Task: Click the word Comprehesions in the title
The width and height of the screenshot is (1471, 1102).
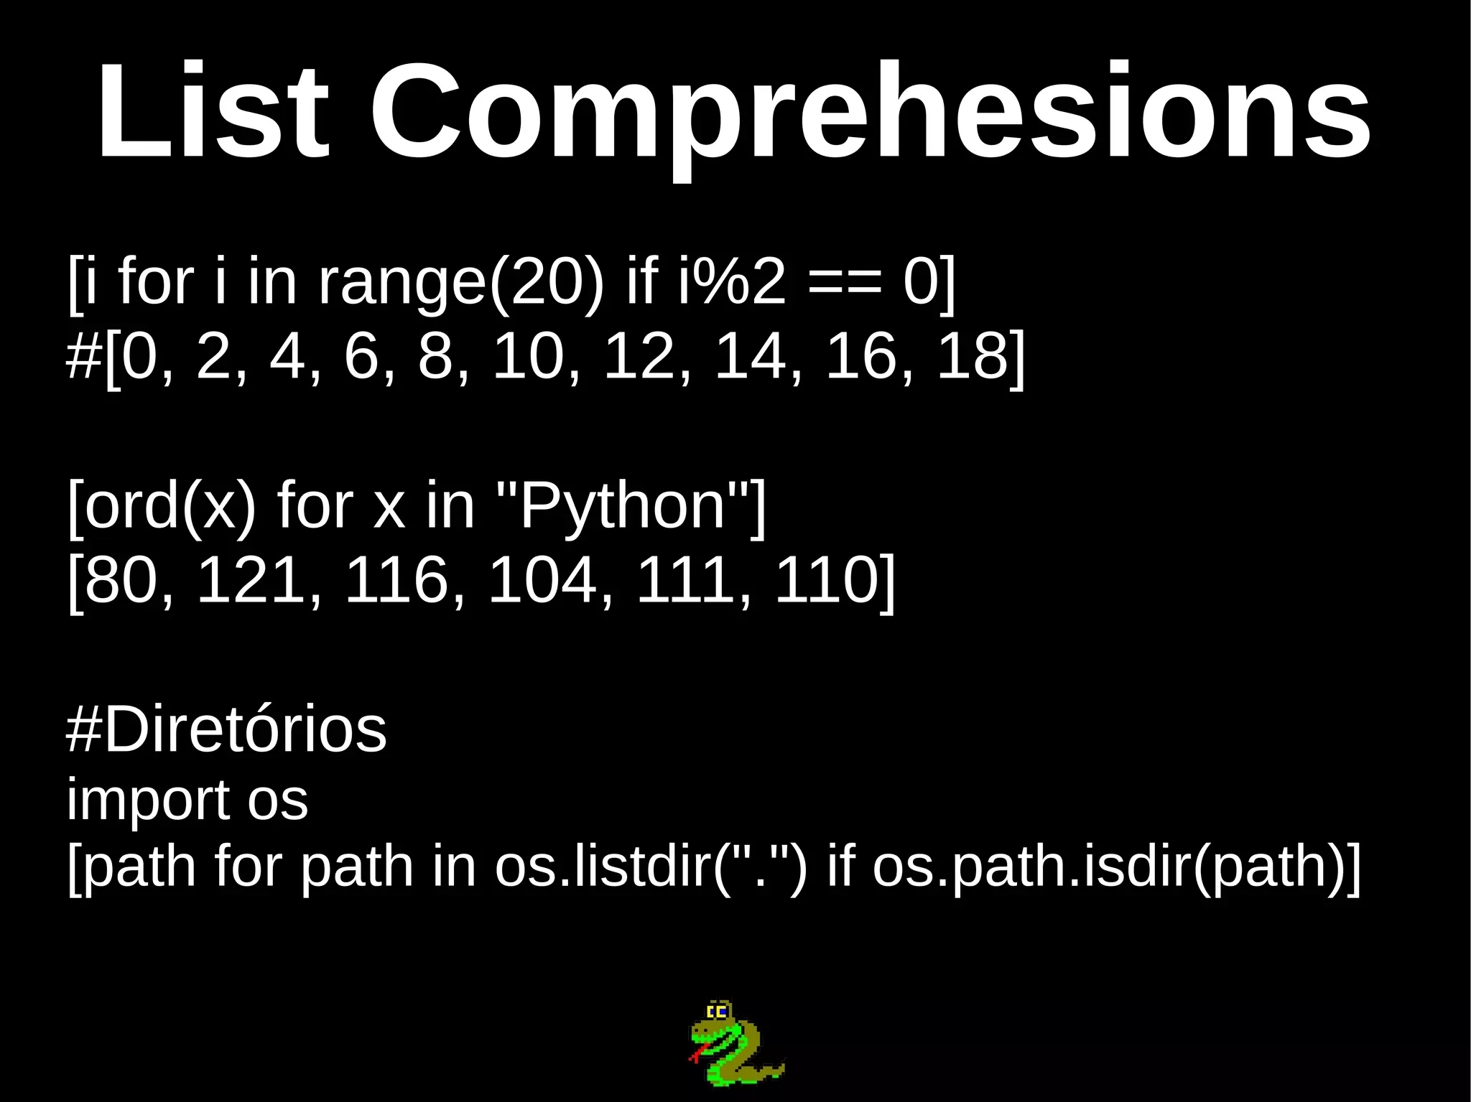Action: (870, 115)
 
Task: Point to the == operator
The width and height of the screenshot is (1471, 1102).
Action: (844, 282)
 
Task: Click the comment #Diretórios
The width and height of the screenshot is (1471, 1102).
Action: (226, 729)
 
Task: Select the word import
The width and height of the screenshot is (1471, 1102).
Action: (147, 800)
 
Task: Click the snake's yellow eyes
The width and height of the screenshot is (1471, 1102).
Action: (718, 1012)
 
